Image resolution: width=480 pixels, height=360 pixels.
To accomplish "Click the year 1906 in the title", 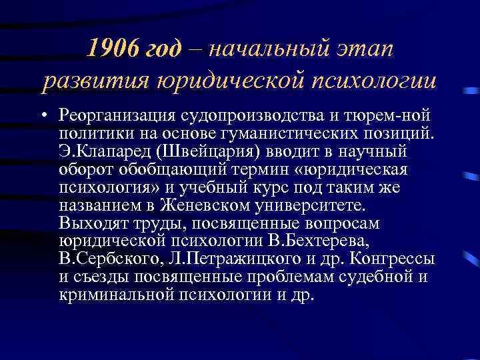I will (111, 48).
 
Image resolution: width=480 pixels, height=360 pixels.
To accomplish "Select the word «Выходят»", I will (93, 222).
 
